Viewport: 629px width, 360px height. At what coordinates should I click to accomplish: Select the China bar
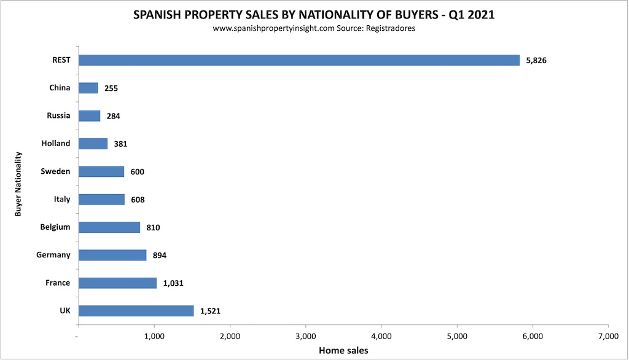[88, 88]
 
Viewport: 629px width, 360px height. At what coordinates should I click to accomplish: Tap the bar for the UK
[136, 311]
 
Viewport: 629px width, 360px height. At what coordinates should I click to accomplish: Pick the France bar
[118, 283]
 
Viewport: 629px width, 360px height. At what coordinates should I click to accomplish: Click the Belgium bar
[109, 227]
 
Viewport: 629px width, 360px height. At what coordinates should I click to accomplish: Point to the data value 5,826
[536, 60]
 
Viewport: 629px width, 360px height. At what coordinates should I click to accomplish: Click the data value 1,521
[210, 311]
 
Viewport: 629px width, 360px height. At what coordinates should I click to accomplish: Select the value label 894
[158, 255]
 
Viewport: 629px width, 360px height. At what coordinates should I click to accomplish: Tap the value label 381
[120, 144]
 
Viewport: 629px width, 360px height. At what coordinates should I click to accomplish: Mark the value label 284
[113, 116]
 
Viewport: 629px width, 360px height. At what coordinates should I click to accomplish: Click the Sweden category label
[55, 171]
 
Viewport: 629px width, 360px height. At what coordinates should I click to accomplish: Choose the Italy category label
[61, 199]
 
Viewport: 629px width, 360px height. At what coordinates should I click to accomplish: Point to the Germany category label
[53, 255]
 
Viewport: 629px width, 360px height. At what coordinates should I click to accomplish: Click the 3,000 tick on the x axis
[305, 336]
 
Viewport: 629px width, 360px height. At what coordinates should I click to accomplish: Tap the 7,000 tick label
[608, 336]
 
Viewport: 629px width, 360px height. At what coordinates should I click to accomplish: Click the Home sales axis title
[343, 350]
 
